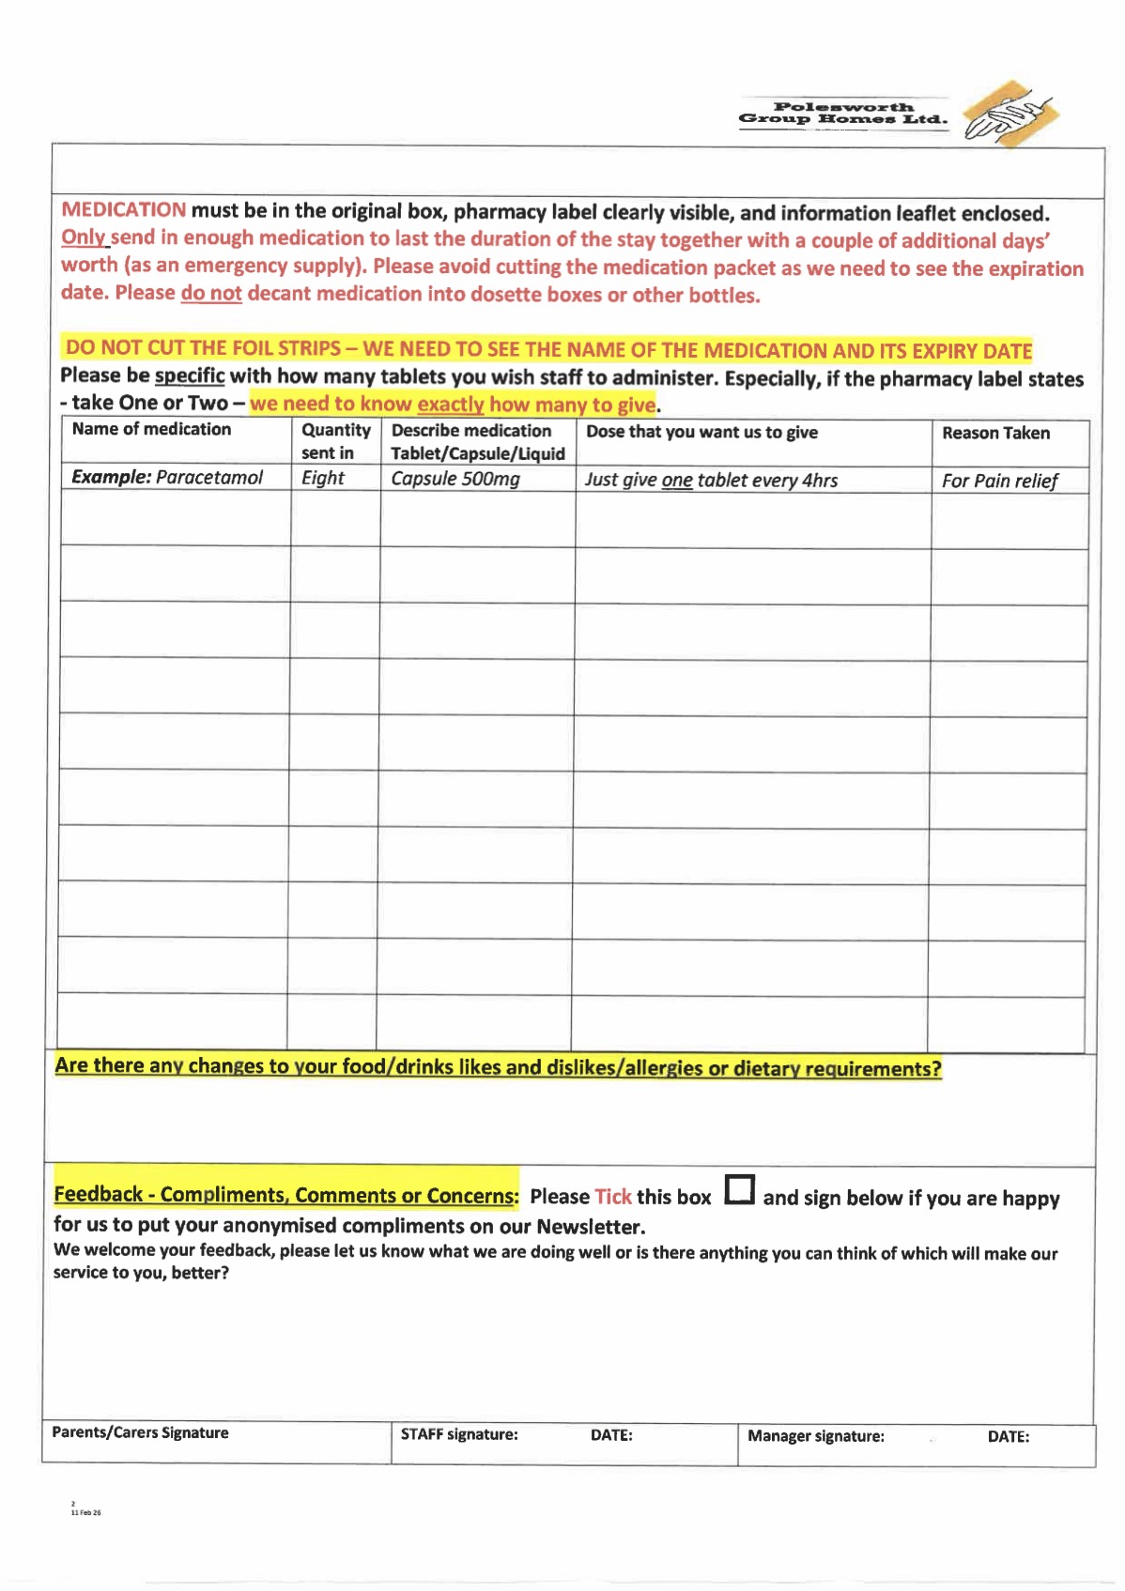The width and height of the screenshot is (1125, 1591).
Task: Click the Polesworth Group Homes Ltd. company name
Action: coord(842,114)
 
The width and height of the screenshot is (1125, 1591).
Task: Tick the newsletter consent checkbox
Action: coord(740,1189)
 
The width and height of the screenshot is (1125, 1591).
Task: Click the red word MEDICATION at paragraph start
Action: coord(123,209)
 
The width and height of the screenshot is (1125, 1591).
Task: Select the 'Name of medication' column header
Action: coord(151,429)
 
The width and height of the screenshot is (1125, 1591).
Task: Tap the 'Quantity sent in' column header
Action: coord(335,441)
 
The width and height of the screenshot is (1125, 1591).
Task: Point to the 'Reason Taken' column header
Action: coord(995,433)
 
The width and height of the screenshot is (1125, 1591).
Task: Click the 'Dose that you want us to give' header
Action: coord(701,432)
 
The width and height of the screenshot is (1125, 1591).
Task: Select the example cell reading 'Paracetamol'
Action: coord(208,477)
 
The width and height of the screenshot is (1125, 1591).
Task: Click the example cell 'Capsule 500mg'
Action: coord(455,479)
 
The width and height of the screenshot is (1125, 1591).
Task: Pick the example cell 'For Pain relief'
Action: coord(999,481)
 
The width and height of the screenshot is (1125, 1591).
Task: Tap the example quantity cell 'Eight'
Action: coord(323,478)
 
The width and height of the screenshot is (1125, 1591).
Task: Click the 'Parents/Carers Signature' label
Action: coord(140,1432)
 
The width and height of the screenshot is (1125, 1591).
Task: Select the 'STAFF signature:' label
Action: coord(459,1434)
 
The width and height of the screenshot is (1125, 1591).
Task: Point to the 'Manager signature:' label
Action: coord(815,1436)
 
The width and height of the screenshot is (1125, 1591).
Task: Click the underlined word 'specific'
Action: coord(190,375)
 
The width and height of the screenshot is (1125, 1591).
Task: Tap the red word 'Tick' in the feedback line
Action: coord(613,1197)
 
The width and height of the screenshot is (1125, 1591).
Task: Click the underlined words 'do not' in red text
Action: coord(211,293)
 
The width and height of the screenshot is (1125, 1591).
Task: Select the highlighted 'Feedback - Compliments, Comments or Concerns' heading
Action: coord(285,1194)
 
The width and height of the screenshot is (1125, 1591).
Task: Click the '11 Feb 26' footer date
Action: coord(85,1512)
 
